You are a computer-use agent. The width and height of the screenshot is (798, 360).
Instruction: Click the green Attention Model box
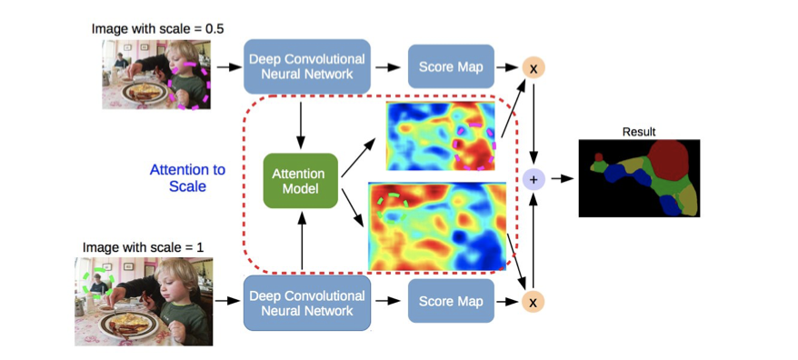tap(300, 179)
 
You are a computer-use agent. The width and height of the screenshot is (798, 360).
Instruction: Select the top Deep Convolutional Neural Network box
tap(307, 66)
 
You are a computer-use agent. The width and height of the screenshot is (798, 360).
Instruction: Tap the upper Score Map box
tap(450, 67)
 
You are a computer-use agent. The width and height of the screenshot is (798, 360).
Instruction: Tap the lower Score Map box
tap(450, 301)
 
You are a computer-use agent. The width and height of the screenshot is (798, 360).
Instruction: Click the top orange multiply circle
tap(534, 68)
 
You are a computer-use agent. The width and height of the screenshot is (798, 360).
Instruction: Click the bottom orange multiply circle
tap(534, 301)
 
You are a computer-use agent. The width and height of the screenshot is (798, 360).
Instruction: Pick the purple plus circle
tap(534, 179)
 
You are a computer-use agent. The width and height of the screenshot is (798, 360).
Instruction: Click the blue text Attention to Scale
tap(187, 178)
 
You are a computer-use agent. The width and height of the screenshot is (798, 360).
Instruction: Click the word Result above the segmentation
tap(638, 132)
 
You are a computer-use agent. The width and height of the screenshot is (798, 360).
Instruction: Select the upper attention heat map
tap(444, 135)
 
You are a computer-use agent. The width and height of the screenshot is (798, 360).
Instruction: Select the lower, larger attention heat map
tap(436, 225)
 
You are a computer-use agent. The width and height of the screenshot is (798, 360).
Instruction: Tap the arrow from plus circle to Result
tap(562, 179)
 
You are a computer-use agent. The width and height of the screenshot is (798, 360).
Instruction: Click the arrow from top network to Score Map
tap(389, 67)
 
